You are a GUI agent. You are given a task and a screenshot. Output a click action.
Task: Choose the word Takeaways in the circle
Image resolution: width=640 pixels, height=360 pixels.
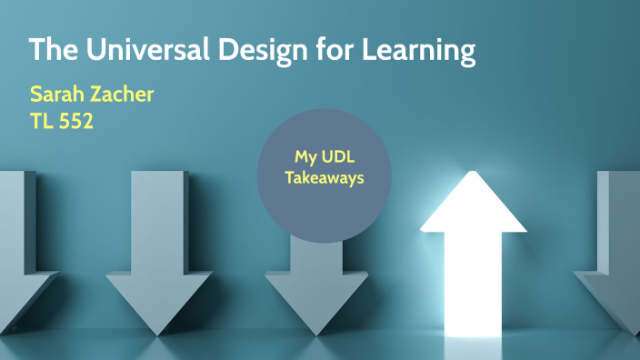coord(324,177)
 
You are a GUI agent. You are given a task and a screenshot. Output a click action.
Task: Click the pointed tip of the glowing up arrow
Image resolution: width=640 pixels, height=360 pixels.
coord(473,175)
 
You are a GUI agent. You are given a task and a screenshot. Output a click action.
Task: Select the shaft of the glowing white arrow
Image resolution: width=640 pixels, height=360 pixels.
coord(472,273)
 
